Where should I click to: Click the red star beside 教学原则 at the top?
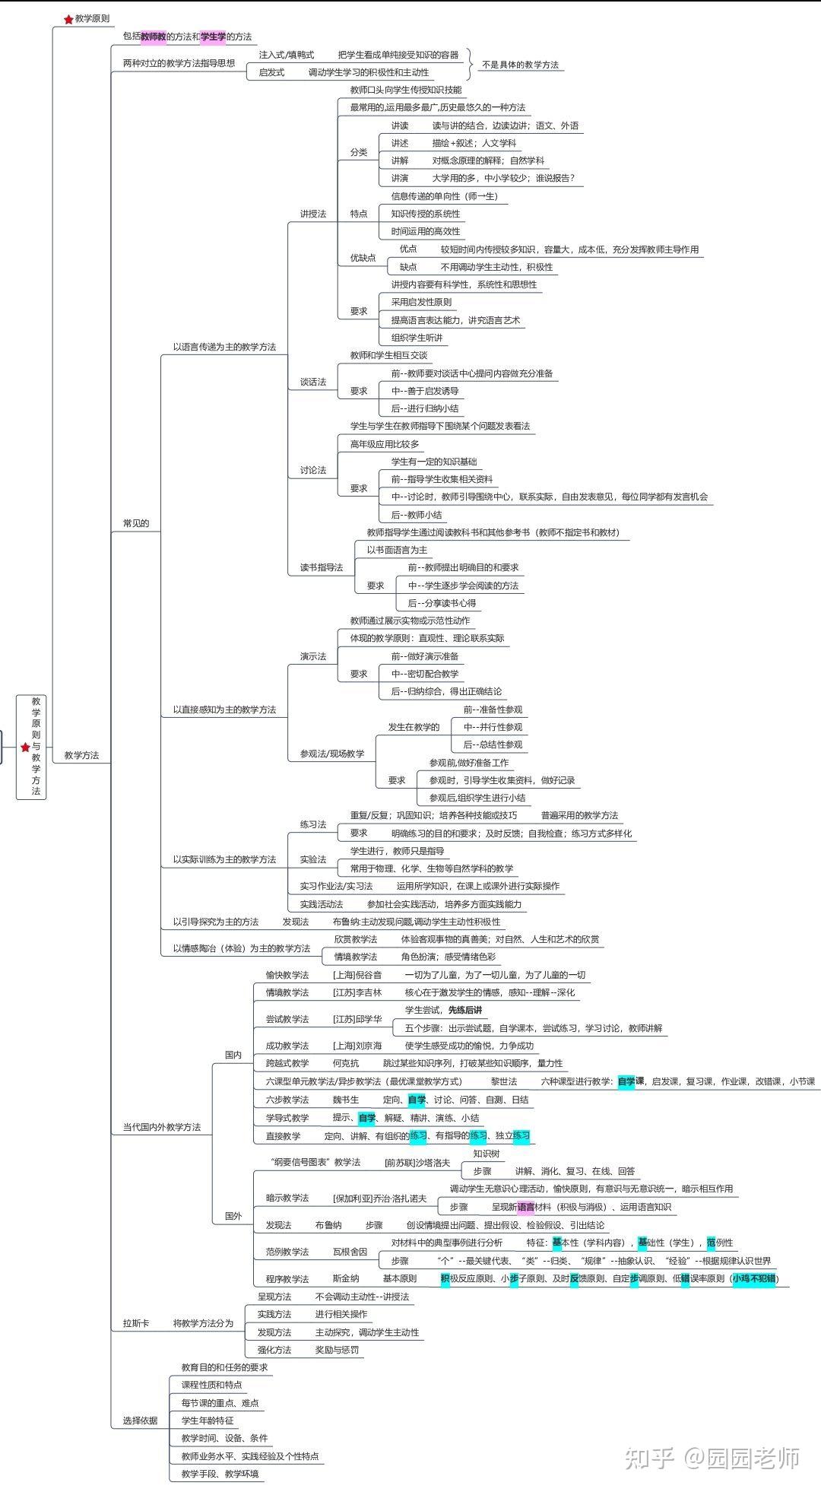click(68, 19)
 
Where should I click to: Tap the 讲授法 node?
click(312, 214)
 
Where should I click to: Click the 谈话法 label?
click(312, 382)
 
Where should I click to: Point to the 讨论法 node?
click(312, 470)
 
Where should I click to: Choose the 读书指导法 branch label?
click(321, 567)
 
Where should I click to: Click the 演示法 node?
click(312, 656)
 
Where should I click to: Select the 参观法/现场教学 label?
click(331, 754)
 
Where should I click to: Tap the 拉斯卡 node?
click(136, 1323)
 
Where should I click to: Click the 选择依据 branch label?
click(141, 1421)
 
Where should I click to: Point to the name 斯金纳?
click(346, 1278)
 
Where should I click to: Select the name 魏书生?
click(346, 1100)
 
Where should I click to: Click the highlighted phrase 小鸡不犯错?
click(753, 1278)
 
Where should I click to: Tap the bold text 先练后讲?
click(464, 1010)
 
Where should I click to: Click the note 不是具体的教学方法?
click(520, 65)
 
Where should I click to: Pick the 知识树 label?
click(486, 1154)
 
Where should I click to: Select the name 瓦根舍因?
click(350, 1252)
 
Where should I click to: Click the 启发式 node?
click(271, 72)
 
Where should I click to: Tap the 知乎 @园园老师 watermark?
click(712, 1457)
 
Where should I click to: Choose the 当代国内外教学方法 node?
click(162, 1127)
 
